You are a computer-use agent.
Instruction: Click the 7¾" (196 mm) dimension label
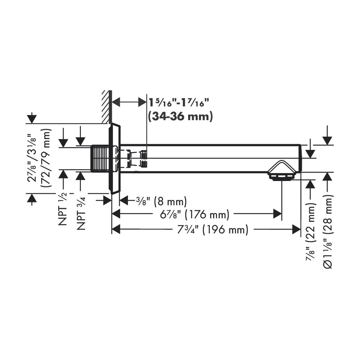click(x=213, y=229)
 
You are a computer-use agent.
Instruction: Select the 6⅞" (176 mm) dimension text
click(x=195, y=215)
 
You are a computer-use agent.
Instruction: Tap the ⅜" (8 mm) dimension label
click(x=161, y=201)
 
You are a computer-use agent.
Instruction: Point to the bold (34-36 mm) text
click(x=180, y=116)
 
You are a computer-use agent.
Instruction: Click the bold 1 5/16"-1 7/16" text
click(x=176, y=102)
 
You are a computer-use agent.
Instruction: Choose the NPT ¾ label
click(x=81, y=213)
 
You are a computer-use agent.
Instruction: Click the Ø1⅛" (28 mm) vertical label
click(x=327, y=232)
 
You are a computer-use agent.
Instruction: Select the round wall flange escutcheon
click(x=114, y=159)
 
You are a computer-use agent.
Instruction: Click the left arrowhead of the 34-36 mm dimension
click(x=116, y=102)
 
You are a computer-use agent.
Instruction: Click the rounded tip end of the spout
click(x=300, y=159)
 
